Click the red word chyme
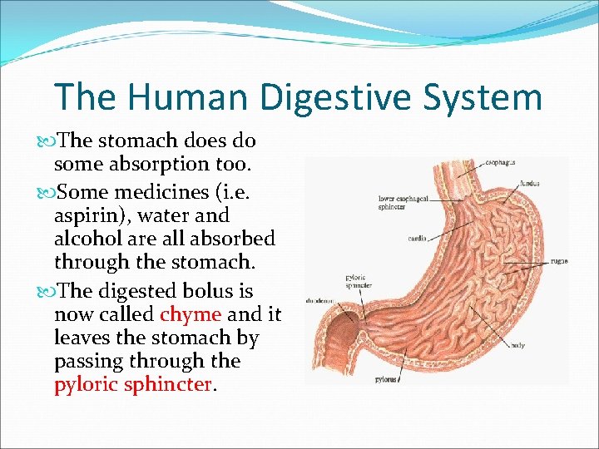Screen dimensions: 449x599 coord(191,314)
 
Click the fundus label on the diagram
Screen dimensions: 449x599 coord(530,184)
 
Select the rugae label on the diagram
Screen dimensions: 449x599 coord(559,261)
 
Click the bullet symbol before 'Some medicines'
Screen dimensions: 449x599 coord(47,191)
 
